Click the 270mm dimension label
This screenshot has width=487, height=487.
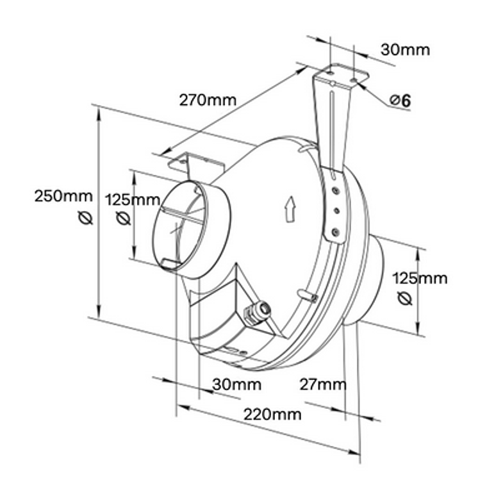click(x=207, y=100)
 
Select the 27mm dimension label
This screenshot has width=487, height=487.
click(x=323, y=384)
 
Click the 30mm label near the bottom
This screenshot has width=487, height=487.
click(x=237, y=384)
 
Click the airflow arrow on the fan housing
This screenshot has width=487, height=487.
click(x=288, y=208)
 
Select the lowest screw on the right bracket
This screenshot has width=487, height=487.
click(x=334, y=231)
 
